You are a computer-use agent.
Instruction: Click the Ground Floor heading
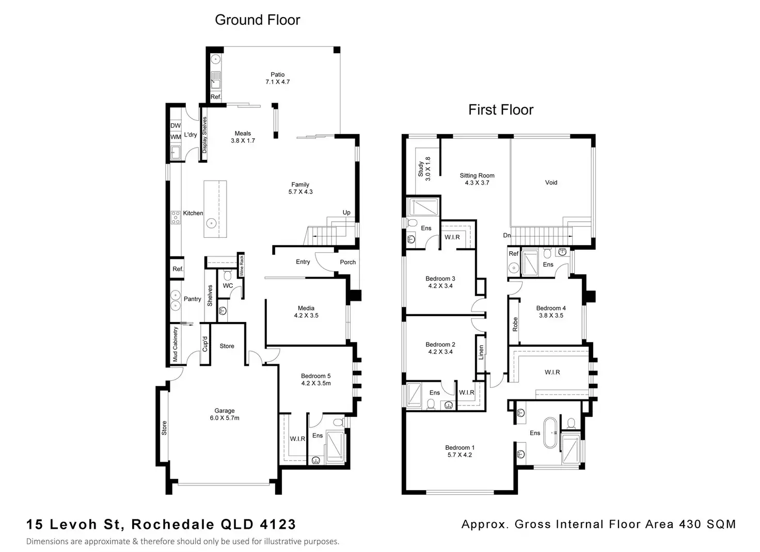[x=257, y=20]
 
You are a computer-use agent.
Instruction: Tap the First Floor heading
[x=500, y=110]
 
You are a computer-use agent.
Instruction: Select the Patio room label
[x=277, y=75]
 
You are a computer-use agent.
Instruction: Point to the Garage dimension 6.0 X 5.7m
[x=225, y=418]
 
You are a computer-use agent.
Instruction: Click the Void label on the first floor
[x=551, y=183]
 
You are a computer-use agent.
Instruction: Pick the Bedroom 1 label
[x=460, y=448]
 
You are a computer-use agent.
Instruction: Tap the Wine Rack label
[x=241, y=265]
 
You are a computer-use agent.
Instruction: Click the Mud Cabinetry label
[x=176, y=345]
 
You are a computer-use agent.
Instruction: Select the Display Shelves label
[x=204, y=135]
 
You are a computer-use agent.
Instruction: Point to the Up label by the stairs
[x=346, y=213]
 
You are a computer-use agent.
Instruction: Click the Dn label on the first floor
[x=507, y=236]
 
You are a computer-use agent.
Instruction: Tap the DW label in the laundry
[x=176, y=126]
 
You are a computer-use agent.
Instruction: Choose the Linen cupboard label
[x=481, y=360]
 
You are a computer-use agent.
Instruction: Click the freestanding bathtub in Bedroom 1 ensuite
[x=552, y=433]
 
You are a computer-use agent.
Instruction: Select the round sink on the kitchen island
[x=211, y=223]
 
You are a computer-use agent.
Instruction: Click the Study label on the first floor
[x=421, y=169]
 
